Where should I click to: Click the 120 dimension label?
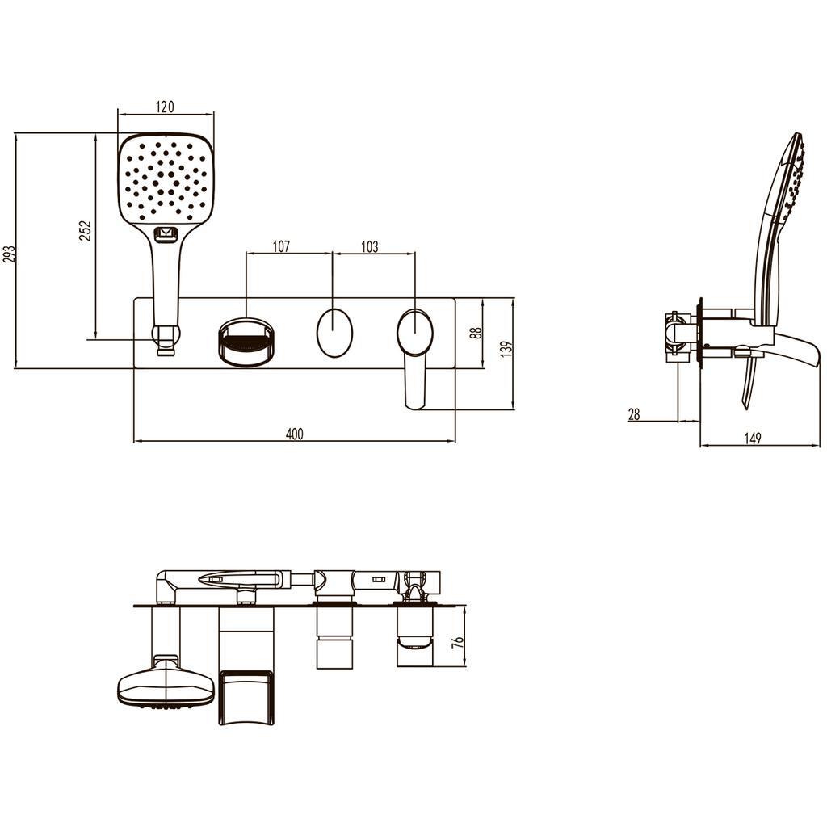tap(165, 107)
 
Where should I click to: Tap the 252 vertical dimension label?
tap(85, 230)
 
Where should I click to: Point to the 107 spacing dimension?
tap(281, 246)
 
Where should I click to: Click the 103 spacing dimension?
tap(369, 246)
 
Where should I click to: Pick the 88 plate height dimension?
tap(476, 332)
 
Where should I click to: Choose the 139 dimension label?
tap(506, 349)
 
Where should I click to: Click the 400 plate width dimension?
tap(294, 434)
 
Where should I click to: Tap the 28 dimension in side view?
tap(634, 414)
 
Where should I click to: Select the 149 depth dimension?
tap(752, 438)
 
